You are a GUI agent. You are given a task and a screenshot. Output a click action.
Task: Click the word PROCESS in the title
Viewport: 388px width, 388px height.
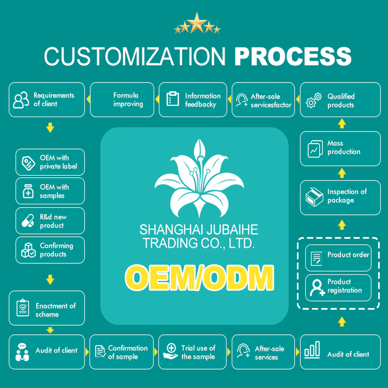[293, 57]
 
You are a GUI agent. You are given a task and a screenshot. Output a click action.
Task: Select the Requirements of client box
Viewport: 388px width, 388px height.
[46, 99]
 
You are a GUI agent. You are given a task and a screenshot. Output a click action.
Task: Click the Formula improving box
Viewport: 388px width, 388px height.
[122, 99]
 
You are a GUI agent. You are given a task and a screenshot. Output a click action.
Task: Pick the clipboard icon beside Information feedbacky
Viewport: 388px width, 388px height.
[173, 99]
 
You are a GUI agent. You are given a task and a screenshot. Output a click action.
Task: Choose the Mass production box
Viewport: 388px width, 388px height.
[340, 148]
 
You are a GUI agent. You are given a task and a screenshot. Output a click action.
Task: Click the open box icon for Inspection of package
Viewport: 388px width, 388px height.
[314, 197]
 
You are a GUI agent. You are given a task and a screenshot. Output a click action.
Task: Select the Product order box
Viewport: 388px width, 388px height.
[338, 257]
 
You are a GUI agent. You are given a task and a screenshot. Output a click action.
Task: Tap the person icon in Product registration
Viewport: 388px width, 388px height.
[316, 287]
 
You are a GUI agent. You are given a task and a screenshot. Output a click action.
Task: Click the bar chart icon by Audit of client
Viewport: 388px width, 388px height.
[312, 350]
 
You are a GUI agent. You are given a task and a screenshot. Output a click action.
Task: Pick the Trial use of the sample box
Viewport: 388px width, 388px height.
[192, 352]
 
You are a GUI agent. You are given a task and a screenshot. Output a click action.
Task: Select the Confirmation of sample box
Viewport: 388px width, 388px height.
[122, 352]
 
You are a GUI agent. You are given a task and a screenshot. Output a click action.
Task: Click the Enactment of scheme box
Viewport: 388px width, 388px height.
[46, 308]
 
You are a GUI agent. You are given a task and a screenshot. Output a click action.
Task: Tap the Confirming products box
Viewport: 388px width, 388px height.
[50, 250]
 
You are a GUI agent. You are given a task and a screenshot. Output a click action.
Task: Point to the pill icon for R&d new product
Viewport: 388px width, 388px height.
[28, 221]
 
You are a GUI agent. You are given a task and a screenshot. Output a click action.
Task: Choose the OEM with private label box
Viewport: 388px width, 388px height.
[50, 162]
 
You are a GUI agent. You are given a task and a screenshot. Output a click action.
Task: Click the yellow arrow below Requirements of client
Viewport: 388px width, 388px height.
[50, 129]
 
